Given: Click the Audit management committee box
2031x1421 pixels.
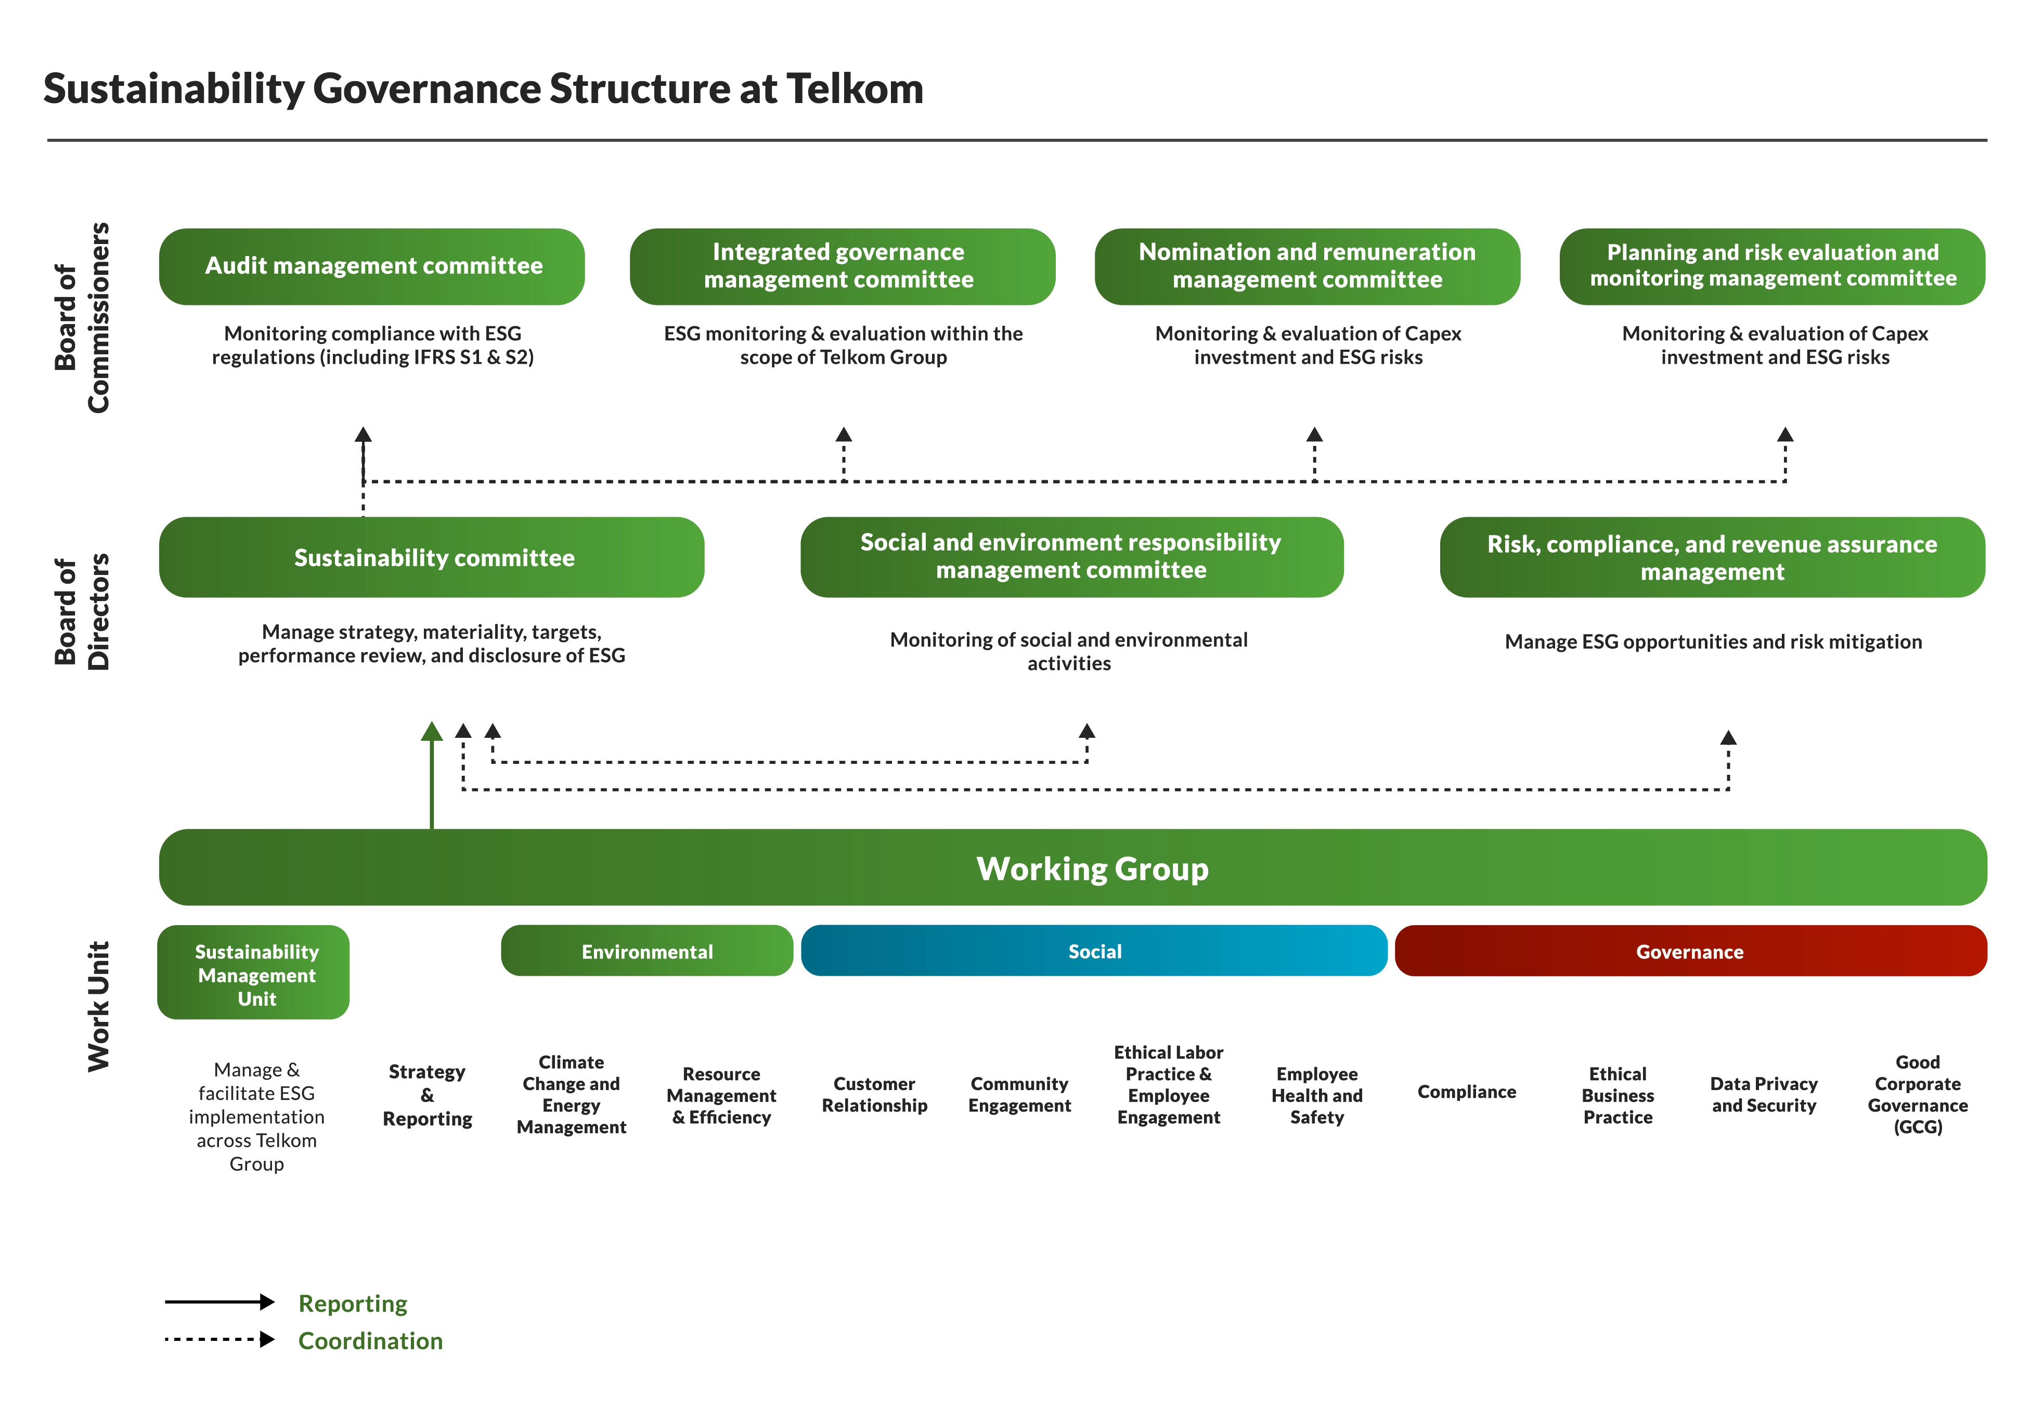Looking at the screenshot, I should pyautogui.click(x=371, y=266).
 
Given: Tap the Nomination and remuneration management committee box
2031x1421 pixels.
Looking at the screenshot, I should pyautogui.click(x=1306, y=266).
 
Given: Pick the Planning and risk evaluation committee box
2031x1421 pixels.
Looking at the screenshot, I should pyautogui.click(x=1772, y=266).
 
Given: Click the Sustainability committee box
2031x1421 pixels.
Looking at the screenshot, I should pyautogui.click(x=432, y=557).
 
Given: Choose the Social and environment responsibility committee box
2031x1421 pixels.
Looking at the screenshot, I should pyautogui.click(x=1071, y=557).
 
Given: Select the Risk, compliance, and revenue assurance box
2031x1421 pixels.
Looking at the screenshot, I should pyautogui.click(x=1712, y=557).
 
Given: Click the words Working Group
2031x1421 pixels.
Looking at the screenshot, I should pyautogui.click(x=1092, y=869).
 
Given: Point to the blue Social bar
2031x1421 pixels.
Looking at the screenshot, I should pyautogui.click(x=1094, y=951).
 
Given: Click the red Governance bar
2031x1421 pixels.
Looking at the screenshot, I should pyautogui.click(x=1689, y=951).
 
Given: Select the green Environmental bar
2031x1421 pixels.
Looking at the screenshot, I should pyautogui.click(x=646, y=951).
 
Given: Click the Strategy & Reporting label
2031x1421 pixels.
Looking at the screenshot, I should pyautogui.click(x=427, y=1095).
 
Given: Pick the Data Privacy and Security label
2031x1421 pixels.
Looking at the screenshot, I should pyautogui.click(x=1763, y=1095).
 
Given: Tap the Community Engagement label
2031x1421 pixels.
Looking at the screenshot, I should pyautogui.click(x=1019, y=1095).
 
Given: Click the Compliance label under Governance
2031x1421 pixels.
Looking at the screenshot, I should pyautogui.click(x=1466, y=1092).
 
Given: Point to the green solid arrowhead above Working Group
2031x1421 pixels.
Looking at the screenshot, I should pyautogui.click(x=432, y=732).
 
